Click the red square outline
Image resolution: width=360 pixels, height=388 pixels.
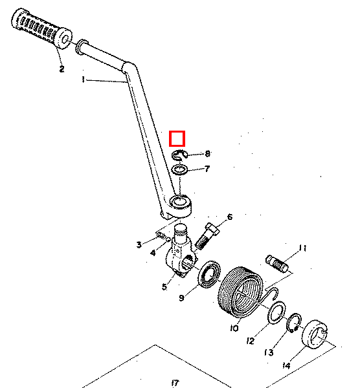pyautogui.click(x=177, y=132)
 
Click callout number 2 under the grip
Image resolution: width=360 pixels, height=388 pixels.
pyautogui.click(x=62, y=69)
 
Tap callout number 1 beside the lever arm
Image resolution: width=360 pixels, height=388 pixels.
pyautogui.click(x=84, y=80)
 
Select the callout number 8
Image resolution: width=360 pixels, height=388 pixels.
pyautogui.click(x=208, y=154)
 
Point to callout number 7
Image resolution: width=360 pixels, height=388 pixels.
pyautogui.click(x=207, y=169)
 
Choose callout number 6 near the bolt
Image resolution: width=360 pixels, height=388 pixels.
pyautogui.click(x=230, y=217)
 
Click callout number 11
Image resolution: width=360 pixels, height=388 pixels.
pyautogui.click(x=303, y=248)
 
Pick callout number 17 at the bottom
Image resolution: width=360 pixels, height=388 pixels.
pyautogui.click(x=175, y=383)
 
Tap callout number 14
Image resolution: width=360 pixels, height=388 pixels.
pyautogui.click(x=286, y=365)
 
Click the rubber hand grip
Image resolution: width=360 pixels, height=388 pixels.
pyautogui.click(x=41, y=28)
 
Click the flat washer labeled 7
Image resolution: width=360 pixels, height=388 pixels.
pyautogui.click(x=179, y=170)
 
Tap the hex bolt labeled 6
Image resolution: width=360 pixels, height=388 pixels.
pyautogui.click(x=207, y=236)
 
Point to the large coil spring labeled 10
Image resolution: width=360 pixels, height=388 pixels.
pyautogui.click(x=241, y=292)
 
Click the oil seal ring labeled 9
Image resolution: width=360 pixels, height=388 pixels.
pyautogui.click(x=210, y=274)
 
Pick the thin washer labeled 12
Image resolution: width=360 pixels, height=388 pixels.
pyautogui.click(x=276, y=313)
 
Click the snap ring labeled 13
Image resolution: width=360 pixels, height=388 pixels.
pyautogui.click(x=294, y=322)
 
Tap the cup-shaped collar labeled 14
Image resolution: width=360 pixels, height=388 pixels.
pyautogui.click(x=315, y=334)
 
